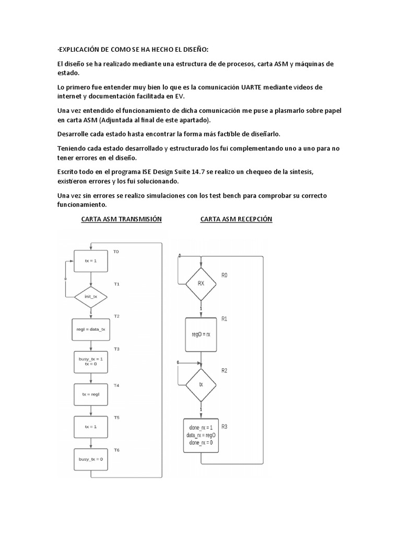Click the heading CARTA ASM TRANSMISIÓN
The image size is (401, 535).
pyautogui.click(x=122, y=219)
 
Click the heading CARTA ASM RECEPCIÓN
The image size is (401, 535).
pyautogui.click(x=237, y=219)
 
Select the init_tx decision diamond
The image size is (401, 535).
pyautogui.click(x=91, y=297)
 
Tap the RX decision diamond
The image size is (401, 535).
pyautogui.click(x=201, y=284)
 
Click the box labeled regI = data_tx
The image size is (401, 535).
pyautogui.click(x=91, y=330)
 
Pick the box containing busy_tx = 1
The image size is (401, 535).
pyautogui.click(x=91, y=362)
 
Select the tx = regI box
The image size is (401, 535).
pyautogui.click(x=91, y=394)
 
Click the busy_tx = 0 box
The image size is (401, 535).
pyautogui.click(x=91, y=459)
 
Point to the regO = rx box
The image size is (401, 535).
pyautogui.click(x=201, y=334)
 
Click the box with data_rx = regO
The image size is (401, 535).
pyautogui.click(x=201, y=435)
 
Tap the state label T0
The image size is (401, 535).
pyautogui.click(x=116, y=252)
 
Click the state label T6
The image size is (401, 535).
pyautogui.click(x=116, y=450)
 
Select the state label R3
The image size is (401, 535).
pyautogui.click(x=225, y=427)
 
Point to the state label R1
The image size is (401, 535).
pyautogui.click(x=225, y=318)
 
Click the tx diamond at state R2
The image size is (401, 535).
pyautogui.click(x=201, y=384)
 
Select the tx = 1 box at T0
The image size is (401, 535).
pyautogui.click(x=91, y=260)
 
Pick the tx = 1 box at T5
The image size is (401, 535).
pyautogui.click(x=91, y=427)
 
